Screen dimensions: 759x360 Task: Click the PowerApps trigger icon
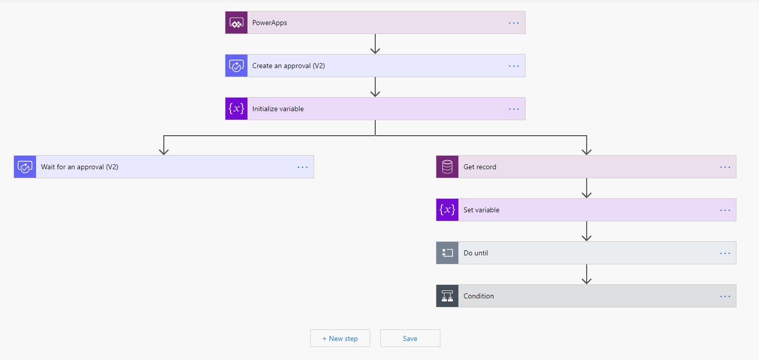236,23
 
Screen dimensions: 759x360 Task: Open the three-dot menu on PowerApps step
514,23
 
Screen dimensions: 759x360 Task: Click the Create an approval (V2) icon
236,66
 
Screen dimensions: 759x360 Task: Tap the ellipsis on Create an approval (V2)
514,66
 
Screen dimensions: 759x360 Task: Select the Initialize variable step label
278,109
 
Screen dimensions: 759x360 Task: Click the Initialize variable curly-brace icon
236,109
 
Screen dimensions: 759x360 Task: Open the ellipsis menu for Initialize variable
514,109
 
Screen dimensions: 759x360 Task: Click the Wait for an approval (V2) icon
25,167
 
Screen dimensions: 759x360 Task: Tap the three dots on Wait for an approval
303,167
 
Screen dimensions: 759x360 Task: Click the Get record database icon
447,167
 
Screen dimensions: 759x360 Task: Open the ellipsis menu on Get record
725,167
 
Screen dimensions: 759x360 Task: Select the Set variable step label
481,210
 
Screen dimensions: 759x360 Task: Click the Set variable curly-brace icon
447,210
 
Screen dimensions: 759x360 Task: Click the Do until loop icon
447,253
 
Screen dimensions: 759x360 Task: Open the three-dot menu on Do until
725,253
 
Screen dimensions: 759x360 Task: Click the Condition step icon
447,295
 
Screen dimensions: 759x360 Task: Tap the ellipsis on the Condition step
725,296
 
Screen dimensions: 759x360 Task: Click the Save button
410,338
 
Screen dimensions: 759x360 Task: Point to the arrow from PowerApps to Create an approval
375,44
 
